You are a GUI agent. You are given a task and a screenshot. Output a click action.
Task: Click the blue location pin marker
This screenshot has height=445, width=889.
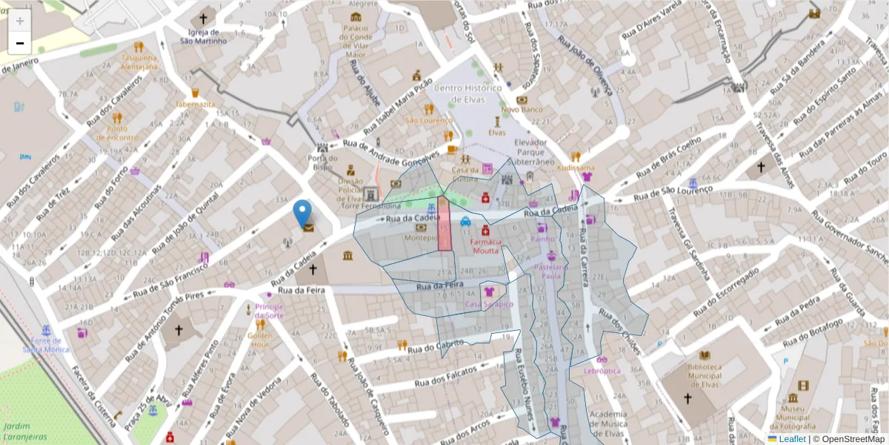pos(302,213)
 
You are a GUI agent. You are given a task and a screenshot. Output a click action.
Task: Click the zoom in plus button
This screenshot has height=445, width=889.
pos(20,21)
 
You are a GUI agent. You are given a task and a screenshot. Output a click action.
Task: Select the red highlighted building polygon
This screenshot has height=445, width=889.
pos(444,223)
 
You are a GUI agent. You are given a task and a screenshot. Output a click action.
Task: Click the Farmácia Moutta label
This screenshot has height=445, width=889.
pos(485,245)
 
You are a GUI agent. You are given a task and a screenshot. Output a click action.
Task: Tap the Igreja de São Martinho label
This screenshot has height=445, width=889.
pos(204,36)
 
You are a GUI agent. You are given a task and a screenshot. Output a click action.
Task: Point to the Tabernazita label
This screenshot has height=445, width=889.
pos(196,105)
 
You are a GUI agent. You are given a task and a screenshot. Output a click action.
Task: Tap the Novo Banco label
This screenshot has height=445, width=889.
pos(522,110)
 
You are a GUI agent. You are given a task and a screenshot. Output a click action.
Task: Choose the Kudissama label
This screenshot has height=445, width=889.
pos(576,168)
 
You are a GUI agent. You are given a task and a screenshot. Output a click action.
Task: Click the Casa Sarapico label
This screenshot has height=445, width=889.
pos(489,304)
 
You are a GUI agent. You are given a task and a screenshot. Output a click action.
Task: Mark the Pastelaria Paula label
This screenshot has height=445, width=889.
pos(551,271)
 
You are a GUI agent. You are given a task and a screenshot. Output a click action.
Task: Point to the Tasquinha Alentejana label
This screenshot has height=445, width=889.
pos(140,62)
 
